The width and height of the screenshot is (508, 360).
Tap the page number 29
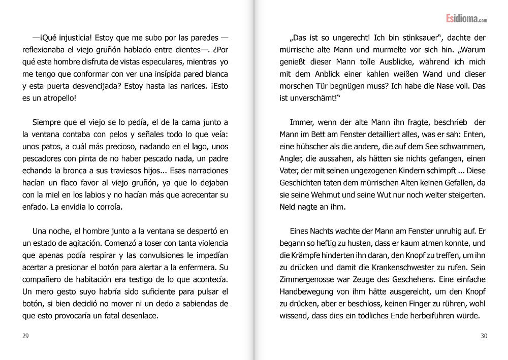pyautogui.click(x=25, y=336)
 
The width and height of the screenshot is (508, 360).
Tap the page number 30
pyautogui.click(x=483, y=336)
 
